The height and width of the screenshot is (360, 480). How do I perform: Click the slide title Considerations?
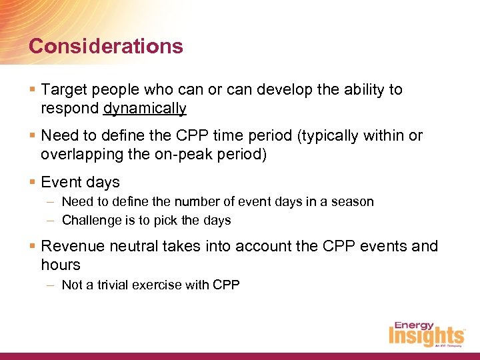(106, 46)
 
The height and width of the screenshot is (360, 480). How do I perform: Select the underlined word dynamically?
(145, 108)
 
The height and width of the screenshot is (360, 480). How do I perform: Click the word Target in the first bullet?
(63, 89)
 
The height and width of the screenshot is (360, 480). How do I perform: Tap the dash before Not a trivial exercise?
(51, 285)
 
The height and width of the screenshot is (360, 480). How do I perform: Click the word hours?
(60, 265)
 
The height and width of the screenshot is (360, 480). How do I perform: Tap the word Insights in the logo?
(426, 337)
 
